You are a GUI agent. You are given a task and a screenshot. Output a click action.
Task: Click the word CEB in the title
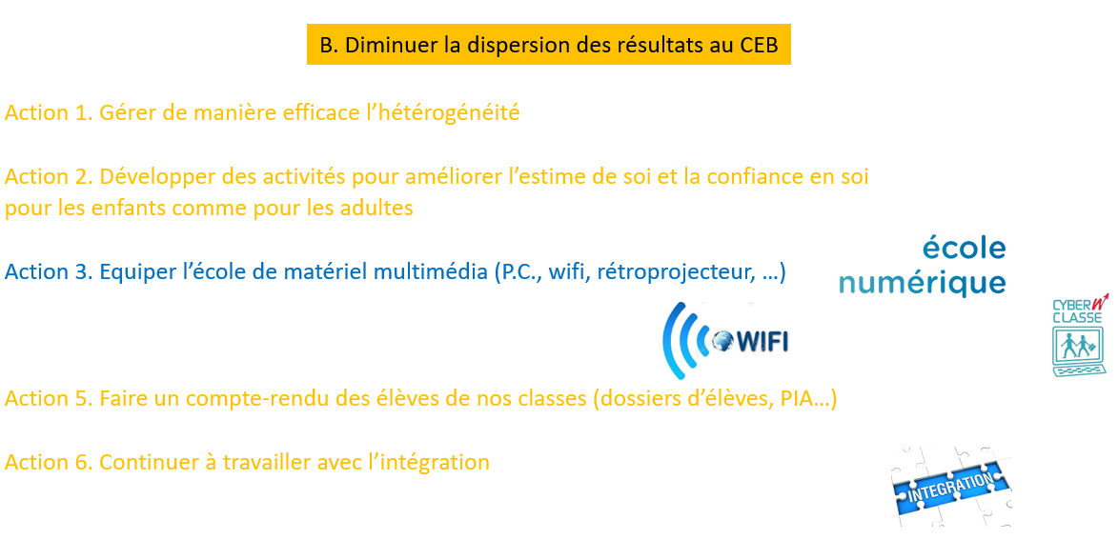(754, 44)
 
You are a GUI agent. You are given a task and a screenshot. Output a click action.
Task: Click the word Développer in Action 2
(150, 176)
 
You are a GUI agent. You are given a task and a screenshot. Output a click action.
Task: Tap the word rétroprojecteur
(663, 272)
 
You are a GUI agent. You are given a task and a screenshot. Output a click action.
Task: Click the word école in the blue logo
(964, 248)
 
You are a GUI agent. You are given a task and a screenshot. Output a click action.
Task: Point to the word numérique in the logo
(922, 283)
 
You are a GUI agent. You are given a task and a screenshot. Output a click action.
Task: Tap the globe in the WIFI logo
(722, 342)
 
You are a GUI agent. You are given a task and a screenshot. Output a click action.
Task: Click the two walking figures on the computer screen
(1079, 346)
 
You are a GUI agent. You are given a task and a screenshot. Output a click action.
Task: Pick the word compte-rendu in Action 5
(251, 399)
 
